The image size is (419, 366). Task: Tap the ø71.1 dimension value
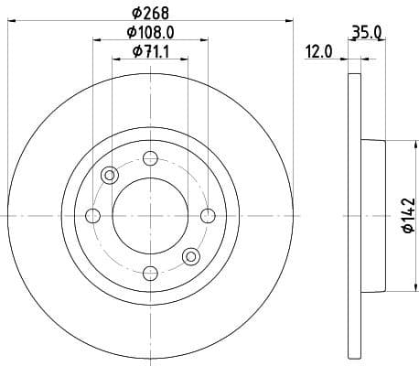(x=150, y=51)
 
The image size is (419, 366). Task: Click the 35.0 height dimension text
(x=366, y=34)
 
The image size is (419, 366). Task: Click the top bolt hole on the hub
(x=150, y=157)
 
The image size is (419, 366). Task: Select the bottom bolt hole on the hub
(x=150, y=272)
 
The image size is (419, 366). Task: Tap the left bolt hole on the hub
(x=92, y=215)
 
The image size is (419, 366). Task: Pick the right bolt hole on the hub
(x=207, y=215)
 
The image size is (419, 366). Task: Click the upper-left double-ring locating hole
(x=110, y=175)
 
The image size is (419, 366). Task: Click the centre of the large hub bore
(x=150, y=215)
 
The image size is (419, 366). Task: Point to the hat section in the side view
(x=375, y=215)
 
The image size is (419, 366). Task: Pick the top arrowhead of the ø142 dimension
(x=394, y=143)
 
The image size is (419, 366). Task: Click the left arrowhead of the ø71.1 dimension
(x=115, y=59)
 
